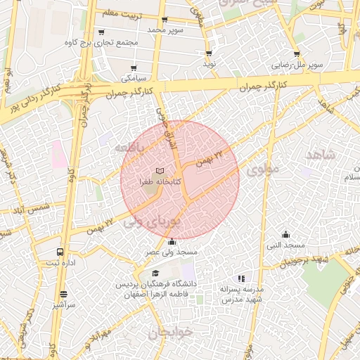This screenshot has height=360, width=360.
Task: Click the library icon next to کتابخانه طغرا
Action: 160,171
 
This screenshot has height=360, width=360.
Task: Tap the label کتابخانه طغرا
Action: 160,181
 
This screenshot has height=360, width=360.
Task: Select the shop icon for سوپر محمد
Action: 165,20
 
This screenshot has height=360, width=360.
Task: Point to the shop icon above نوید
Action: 209,53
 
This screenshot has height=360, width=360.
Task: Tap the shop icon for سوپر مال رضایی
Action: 297,54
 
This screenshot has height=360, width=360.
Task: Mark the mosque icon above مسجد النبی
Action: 285,235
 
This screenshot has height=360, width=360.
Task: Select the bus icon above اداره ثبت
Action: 59,251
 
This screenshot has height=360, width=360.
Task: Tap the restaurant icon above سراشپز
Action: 64,294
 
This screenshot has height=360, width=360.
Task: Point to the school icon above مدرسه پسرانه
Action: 242,278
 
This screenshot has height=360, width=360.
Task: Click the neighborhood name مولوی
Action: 264,169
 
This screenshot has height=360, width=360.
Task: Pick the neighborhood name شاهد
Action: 321,155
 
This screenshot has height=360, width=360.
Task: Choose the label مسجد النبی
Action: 285,245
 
